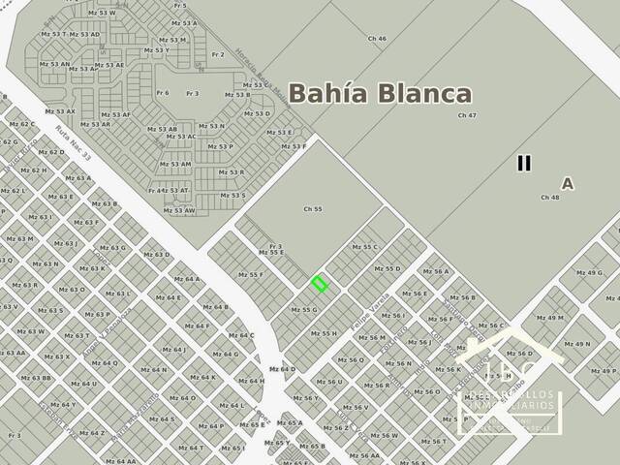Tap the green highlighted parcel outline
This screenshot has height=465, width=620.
[320, 284]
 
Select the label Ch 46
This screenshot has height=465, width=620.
[377, 39]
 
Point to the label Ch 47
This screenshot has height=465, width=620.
[467, 115]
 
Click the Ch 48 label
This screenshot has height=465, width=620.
[549, 198]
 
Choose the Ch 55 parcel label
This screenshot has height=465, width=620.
[312, 209]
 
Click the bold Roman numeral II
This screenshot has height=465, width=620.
[524, 163]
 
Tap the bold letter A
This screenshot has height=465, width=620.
[567, 183]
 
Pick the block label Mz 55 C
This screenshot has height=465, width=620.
[363, 247]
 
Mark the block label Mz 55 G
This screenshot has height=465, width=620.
[303, 310]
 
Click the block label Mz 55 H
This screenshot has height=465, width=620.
[324, 333]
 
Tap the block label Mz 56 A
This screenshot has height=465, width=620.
[435, 272]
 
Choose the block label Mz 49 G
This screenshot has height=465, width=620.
[588, 273]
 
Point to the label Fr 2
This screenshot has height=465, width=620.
[217, 55]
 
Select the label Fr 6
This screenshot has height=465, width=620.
[162, 93]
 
